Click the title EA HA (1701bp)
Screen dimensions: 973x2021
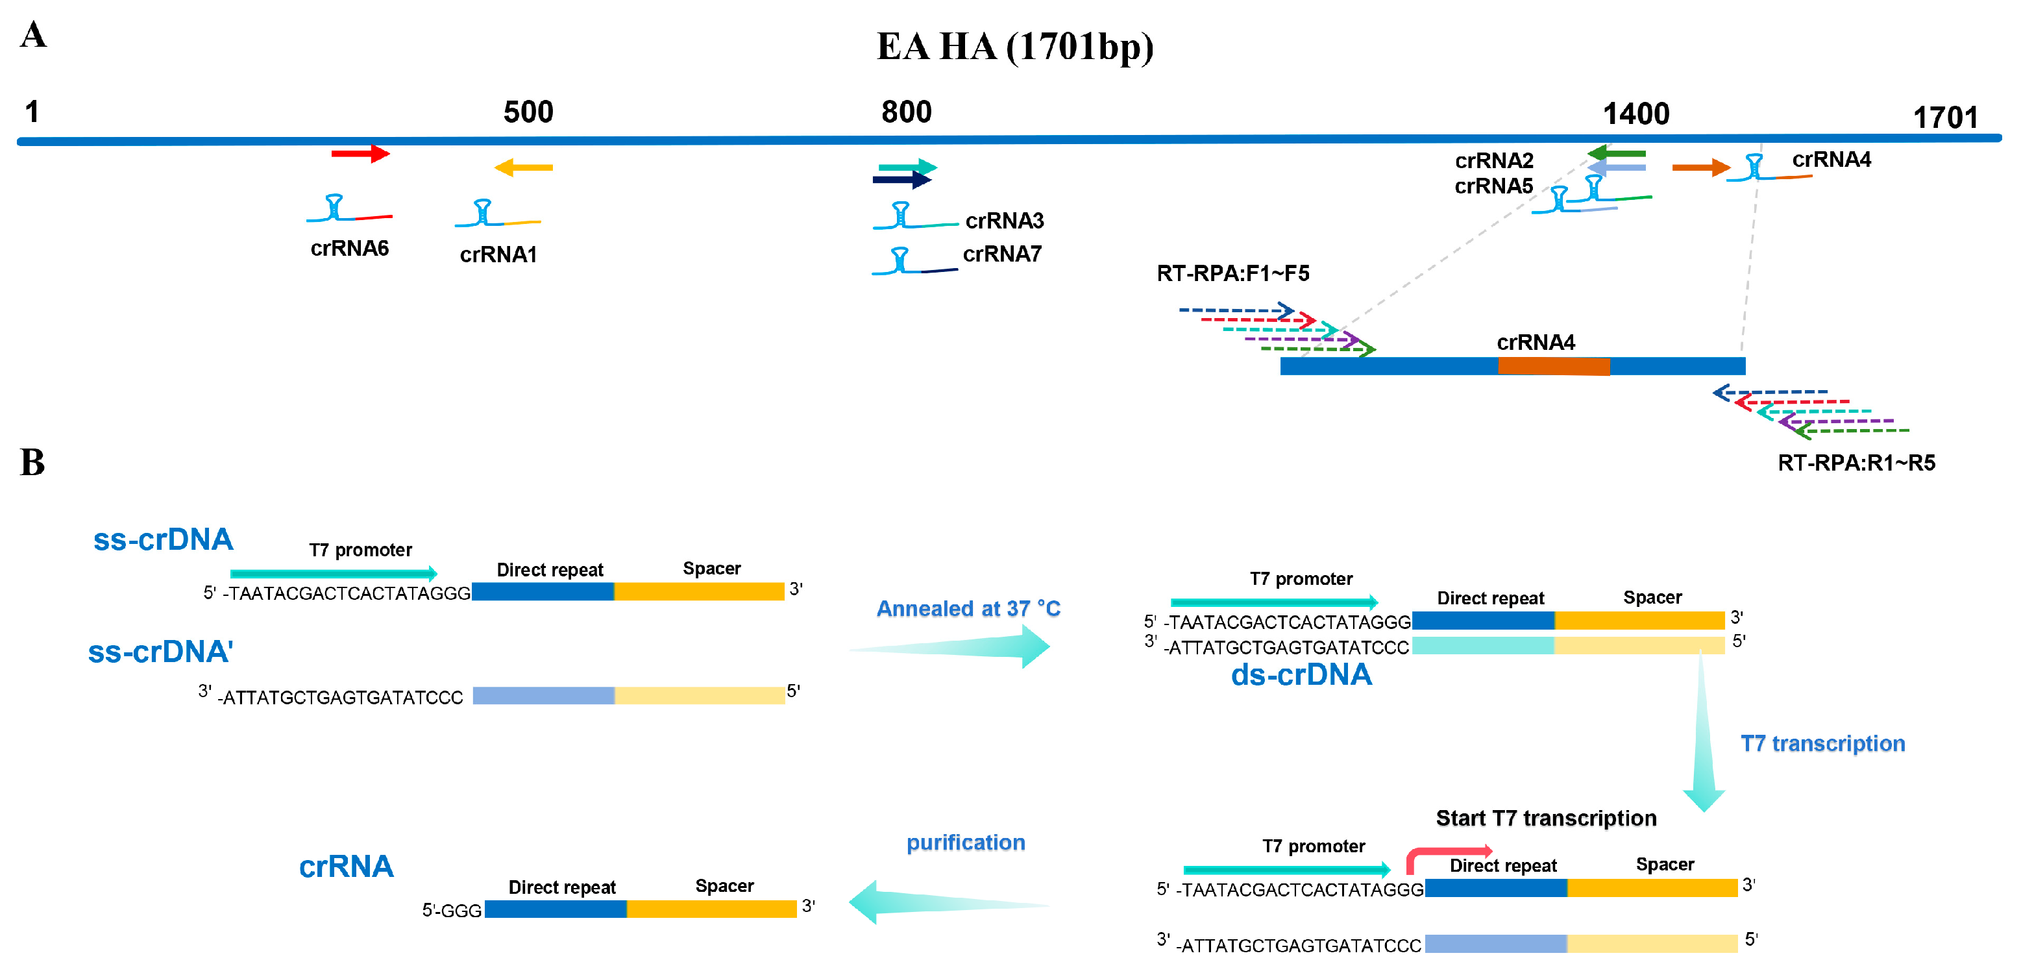[1014, 47]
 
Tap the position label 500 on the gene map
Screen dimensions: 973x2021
[528, 112]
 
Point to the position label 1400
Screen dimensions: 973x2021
[1635, 114]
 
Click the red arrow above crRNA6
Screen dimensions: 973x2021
[360, 153]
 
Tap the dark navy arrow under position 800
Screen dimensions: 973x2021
[901, 180]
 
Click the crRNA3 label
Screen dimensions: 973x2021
[1004, 221]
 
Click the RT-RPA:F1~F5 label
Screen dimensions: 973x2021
[1232, 273]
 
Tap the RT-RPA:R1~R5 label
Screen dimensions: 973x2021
[1856, 463]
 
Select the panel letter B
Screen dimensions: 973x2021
[32, 462]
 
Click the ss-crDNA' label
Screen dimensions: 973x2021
[160, 651]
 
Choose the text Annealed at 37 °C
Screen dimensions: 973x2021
[968, 608]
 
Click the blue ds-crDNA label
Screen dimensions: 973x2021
[1301, 675]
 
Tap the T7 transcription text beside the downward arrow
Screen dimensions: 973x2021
[1822, 743]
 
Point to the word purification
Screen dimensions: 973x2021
[965, 843]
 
